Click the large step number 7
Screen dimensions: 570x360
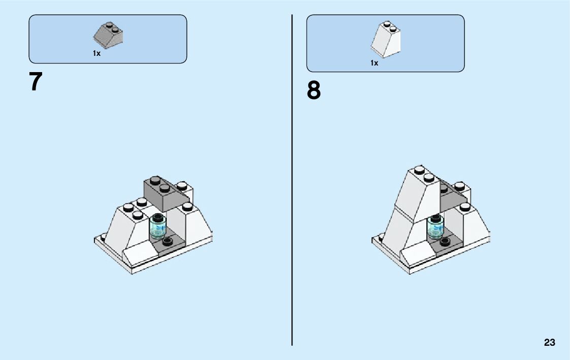(36, 82)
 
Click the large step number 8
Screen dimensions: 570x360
(314, 91)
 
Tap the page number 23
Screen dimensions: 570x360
(550, 343)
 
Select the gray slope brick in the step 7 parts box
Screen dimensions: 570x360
(108, 36)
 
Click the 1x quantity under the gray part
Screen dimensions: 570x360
(96, 53)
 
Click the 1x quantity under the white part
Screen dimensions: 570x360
(374, 63)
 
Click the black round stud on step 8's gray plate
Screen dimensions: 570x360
(445, 241)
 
